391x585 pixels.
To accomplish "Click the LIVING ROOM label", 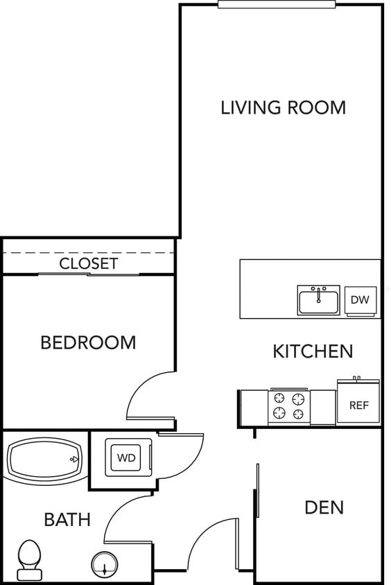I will [283, 107].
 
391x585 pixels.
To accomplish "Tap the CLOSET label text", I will [88, 263].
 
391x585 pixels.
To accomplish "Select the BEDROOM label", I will [88, 342].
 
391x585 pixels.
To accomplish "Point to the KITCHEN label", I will [312, 351].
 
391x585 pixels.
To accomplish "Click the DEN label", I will [324, 507].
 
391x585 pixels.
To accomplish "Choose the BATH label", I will [67, 519].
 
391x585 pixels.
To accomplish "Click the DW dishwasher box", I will [360, 300].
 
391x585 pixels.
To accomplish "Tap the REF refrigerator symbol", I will [358, 403].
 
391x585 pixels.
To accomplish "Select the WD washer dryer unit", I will [126, 457].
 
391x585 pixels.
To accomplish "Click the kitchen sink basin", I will [318, 302].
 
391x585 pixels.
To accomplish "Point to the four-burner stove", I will [288, 407].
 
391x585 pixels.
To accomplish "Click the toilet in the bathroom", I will [29, 559].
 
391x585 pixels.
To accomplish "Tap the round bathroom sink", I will [105, 565].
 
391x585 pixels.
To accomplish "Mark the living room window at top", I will [276, 4].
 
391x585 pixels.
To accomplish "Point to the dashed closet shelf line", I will [88, 253].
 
